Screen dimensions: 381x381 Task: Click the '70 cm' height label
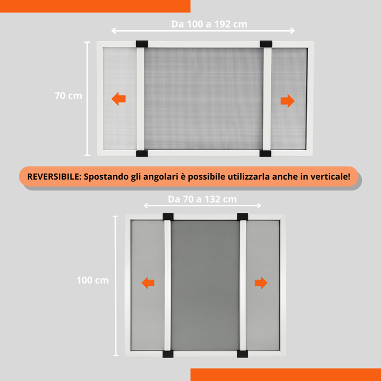68,96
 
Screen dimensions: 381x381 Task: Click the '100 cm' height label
93,280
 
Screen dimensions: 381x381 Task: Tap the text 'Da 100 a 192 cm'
202,24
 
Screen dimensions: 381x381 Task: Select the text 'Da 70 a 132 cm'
202,199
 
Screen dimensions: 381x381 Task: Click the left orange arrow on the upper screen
119,99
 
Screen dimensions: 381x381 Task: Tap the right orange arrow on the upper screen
287,101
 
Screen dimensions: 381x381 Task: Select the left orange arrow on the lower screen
148,282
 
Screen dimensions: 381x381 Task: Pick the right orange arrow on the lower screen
261,282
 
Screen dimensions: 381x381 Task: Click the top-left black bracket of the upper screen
142,44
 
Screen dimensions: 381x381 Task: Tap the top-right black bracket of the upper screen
266,44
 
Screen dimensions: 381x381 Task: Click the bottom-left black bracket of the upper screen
141,153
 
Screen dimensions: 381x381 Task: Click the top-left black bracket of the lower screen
168,217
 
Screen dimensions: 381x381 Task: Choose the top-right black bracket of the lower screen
242,217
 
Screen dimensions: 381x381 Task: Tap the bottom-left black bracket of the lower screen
168,354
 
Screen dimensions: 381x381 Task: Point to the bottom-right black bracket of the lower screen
242,354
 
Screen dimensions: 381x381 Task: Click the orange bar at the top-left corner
95,6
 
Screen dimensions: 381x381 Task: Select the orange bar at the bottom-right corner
286,374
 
